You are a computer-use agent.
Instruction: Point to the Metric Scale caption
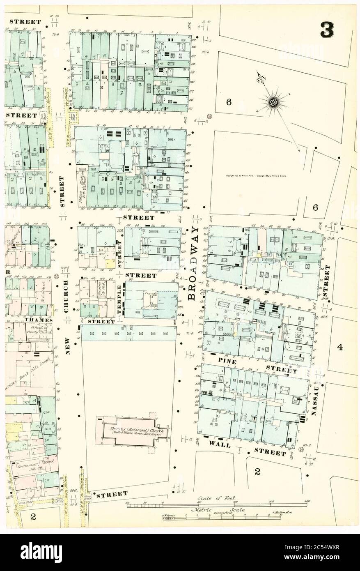tap(217, 510)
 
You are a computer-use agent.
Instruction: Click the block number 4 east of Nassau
tap(339, 347)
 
